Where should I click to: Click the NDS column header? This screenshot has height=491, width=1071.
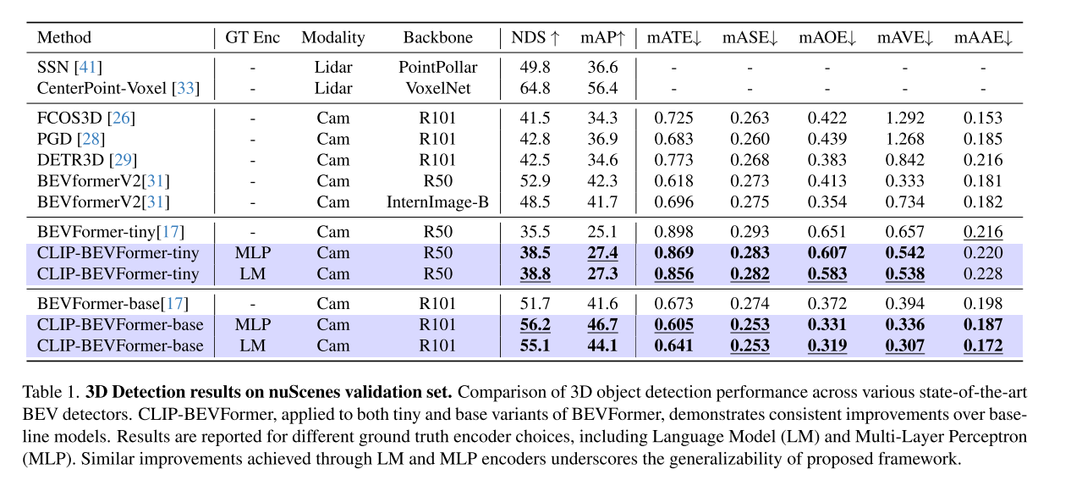point(535,37)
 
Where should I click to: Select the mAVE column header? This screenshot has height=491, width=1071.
point(904,37)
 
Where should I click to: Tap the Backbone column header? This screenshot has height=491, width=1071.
point(437,37)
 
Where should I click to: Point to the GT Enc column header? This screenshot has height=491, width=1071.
point(252,37)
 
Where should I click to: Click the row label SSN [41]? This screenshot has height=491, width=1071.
point(70,67)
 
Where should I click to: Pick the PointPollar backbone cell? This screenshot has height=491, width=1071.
point(438,67)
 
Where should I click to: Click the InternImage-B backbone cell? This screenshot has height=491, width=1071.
point(438,201)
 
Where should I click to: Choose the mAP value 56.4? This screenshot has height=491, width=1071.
point(602,87)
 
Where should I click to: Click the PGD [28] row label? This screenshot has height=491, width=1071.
point(71,139)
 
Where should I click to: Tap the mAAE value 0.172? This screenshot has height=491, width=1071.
point(983,345)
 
